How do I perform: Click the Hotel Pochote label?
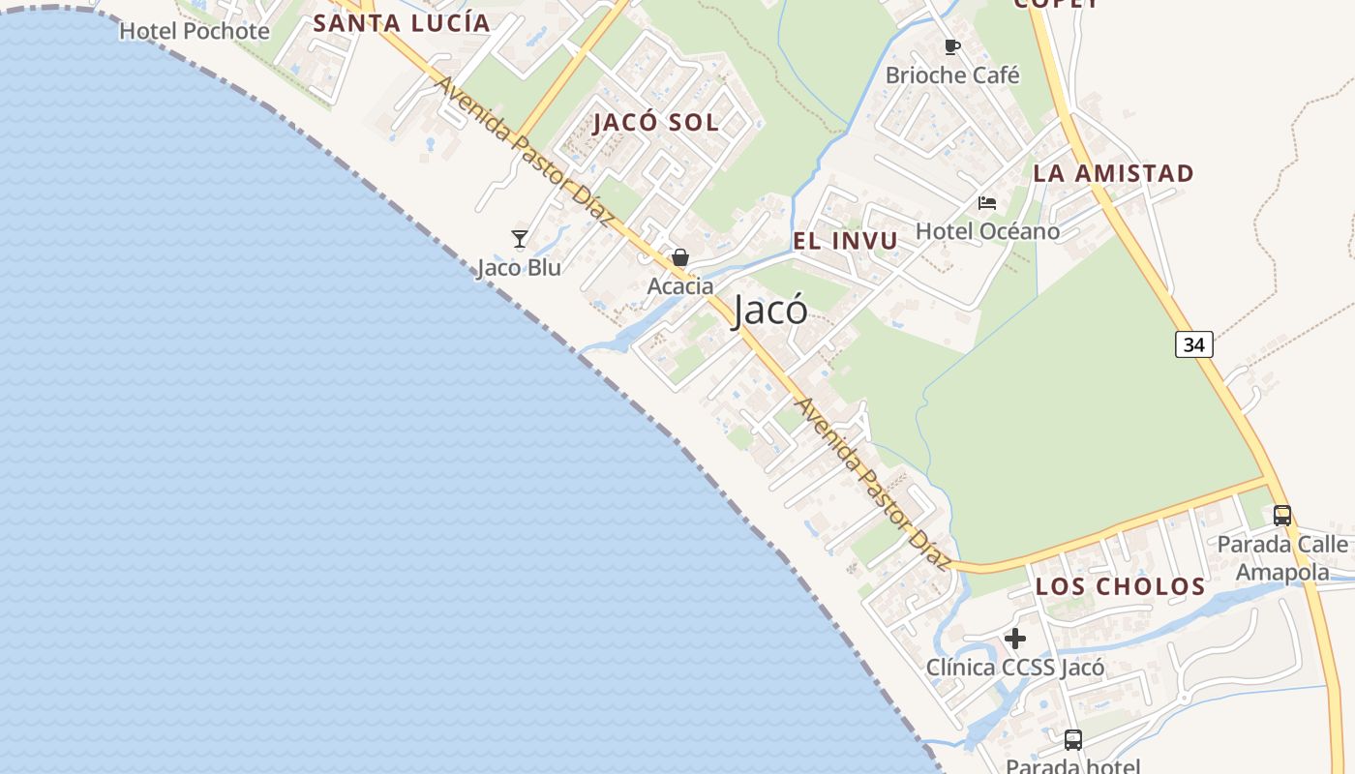pyautogui.click(x=194, y=31)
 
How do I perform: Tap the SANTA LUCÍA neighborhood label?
pyautogui.click(x=402, y=23)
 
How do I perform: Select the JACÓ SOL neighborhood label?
pyautogui.click(x=656, y=122)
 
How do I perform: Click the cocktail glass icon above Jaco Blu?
pyautogui.click(x=520, y=238)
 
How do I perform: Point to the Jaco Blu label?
pyautogui.click(x=519, y=267)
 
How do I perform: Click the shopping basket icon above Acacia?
pyautogui.click(x=680, y=257)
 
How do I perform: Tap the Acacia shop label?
pyautogui.click(x=680, y=286)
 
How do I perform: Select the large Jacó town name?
pyautogui.click(x=770, y=311)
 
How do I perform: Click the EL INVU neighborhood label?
pyautogui.click(x=846, y=241)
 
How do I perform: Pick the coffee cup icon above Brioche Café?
pyautogui.click(x=952, y=46)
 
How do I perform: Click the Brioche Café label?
pyautogui.click(x=952, y=75)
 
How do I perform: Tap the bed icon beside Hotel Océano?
pyautogui.click(x=987, y=202)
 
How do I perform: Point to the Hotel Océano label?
pyautogui.click(x=987, y=231)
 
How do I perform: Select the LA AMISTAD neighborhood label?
pyautogui.click(x=1113, y=174)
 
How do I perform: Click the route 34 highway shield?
pyautogui.click(x=1194, y=344)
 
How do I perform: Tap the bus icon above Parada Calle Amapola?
pyautogui.click(x=1282, y=516)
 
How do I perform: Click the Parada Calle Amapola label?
pyautogui.click(x=1282, y=557)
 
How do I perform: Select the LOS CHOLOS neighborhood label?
pyautogui.click(x=1121, y=586)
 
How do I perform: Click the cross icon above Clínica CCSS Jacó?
pyautogui.click(x=1015, y=639)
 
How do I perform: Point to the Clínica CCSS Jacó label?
pyautogui.click(x=1015, y=668)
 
